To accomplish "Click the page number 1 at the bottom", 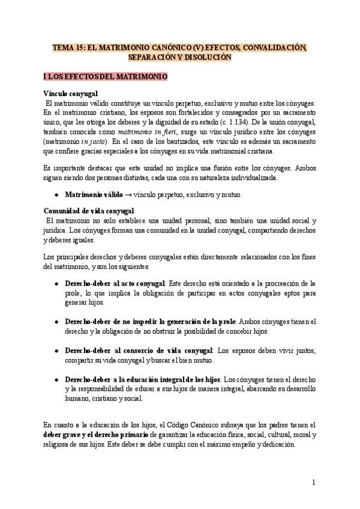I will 313,482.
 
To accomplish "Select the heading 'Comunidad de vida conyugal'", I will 89,211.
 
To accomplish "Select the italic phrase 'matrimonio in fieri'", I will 143,131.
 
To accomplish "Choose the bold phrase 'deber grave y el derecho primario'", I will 98,434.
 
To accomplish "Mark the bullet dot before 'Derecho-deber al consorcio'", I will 56,350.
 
